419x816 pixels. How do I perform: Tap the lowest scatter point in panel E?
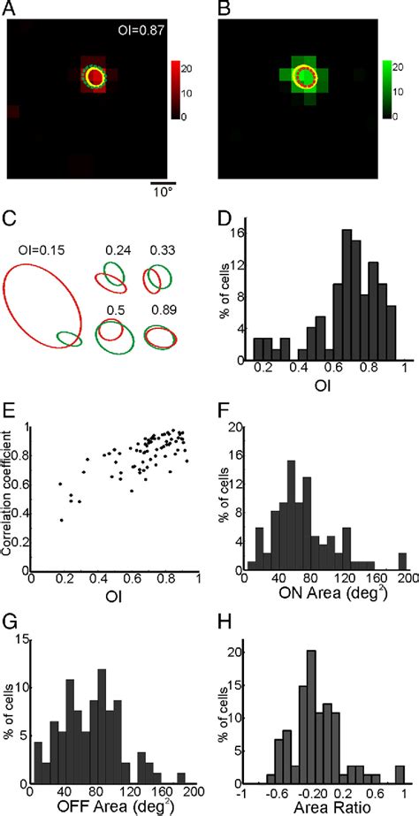[61, 520]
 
